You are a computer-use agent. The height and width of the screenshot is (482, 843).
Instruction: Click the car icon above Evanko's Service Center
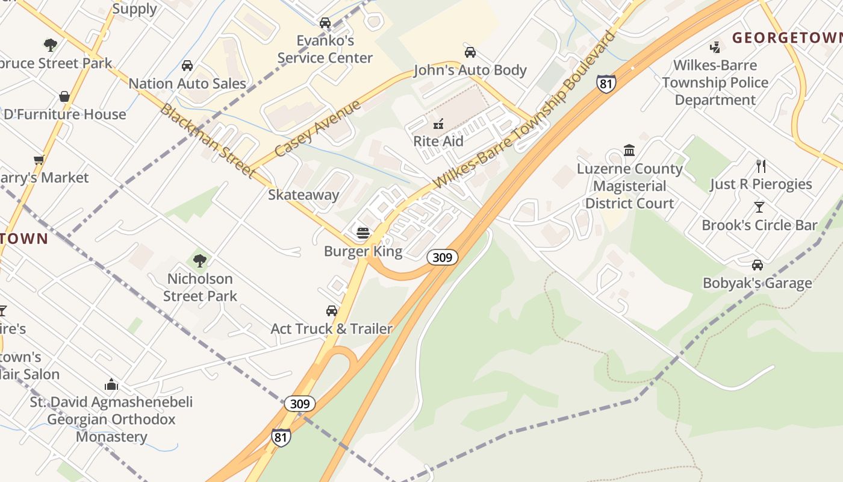coord(325,23)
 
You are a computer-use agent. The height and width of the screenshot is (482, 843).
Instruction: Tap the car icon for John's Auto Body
coord(470,52)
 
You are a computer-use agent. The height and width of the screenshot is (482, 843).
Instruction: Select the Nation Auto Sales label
coord(187,83)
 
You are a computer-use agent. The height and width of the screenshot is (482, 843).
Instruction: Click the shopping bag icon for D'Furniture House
coord(64,96)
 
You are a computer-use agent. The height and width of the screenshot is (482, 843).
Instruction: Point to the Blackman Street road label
coord(208,141)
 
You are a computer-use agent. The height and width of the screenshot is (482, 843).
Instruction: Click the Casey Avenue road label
coord(317,128)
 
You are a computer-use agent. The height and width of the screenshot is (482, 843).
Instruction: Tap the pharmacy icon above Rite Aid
coord(438,124)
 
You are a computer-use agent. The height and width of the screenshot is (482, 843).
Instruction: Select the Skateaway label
coord(303,195)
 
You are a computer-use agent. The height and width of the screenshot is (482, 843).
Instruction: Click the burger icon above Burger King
coord(363,233)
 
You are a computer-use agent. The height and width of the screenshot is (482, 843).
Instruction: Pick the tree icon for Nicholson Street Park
coord(200,261)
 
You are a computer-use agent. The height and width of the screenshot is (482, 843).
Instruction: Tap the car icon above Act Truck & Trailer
coord(332,311)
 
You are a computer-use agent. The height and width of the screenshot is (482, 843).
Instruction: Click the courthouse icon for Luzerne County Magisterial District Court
coord(629,150)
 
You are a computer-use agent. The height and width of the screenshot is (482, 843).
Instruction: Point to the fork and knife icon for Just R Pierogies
coord(761,166)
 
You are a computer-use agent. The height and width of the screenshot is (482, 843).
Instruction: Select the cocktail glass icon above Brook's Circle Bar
coord(759,207)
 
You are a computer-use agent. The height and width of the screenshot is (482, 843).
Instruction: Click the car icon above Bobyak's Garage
coord(757,265)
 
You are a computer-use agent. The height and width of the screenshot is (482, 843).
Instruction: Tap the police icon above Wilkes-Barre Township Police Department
coord(715,47)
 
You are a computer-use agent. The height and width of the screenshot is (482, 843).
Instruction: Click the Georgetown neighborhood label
coord(786,38)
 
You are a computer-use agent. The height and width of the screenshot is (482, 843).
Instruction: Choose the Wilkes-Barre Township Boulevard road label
coord(524,109)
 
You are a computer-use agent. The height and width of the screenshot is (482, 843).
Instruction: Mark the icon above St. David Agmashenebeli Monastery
coord(111,384)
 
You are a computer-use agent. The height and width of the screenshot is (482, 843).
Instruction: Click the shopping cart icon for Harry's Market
coord(39,160)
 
